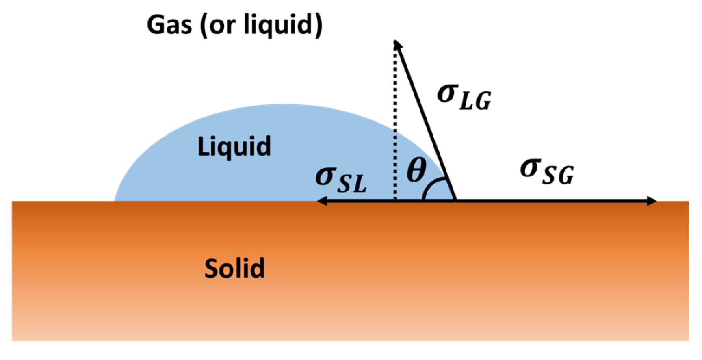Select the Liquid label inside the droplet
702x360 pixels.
click(234, 146)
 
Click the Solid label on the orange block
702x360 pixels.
click(234, 268)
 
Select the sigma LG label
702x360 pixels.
click(464, 97)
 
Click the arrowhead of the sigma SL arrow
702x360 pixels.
click(321, 201)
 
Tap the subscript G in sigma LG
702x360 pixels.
click(483, 101)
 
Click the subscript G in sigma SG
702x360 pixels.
click(565, 176)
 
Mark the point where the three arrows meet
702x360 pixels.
click(456, 201)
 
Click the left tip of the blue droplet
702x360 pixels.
click(115, 200)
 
